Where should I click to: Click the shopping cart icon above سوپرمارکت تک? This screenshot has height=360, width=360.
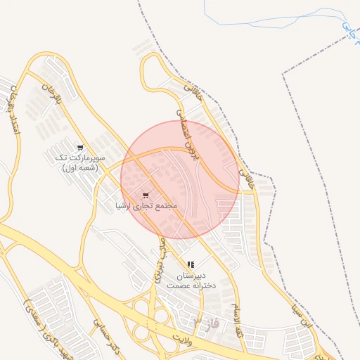(80, 148)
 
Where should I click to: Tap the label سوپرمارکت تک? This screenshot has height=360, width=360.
(81, 158)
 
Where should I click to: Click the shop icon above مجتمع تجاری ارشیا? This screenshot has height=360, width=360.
(146, 195)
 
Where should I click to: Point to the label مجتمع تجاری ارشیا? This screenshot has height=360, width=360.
(146, 206)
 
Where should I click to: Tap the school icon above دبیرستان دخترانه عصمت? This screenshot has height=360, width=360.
(191, 264)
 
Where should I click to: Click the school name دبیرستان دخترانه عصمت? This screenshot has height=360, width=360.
(189, 281)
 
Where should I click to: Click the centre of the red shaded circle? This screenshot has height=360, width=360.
(180, 179)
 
